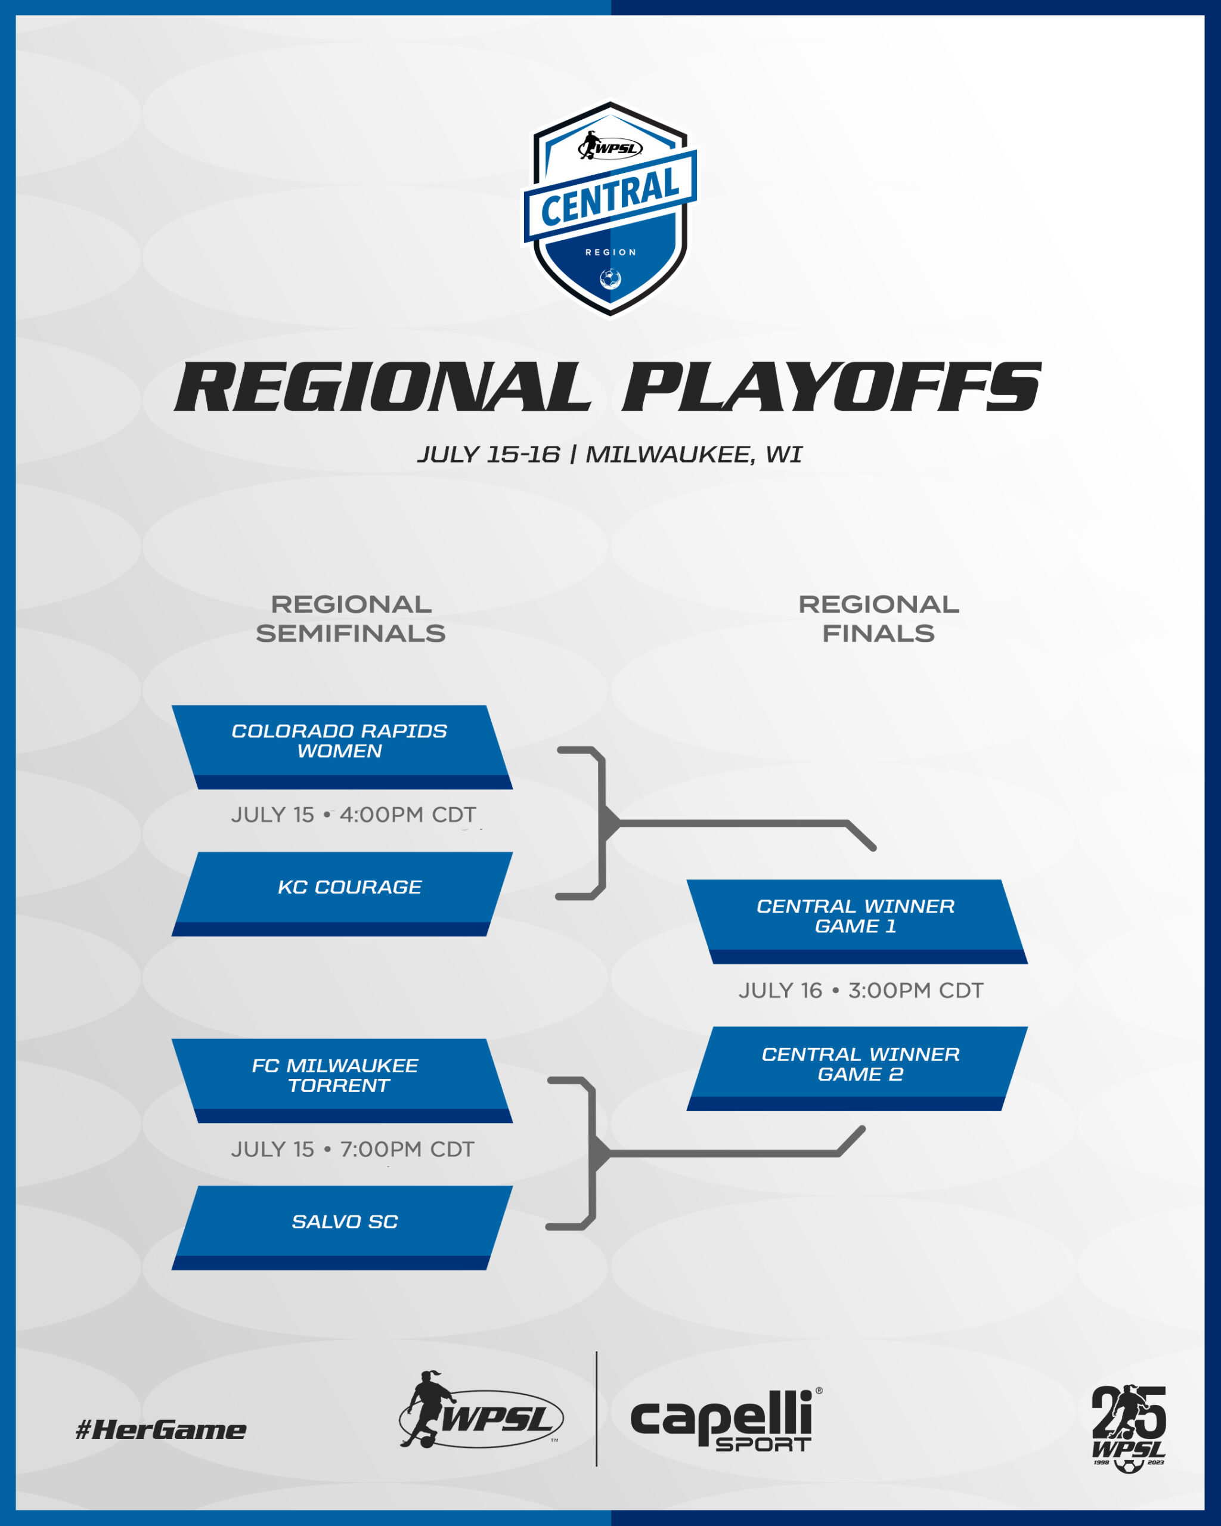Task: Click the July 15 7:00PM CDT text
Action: tap(352, 1149)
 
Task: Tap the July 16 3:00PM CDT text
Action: tap(861, 990)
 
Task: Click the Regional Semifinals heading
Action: tap(351, 619)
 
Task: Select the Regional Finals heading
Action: tap(878, 619)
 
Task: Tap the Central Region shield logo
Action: tap(610, 207)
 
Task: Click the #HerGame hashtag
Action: tap(162, 1430)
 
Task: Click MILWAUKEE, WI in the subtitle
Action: tap(694, 454)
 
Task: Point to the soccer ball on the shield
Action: tap(610, 279)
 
